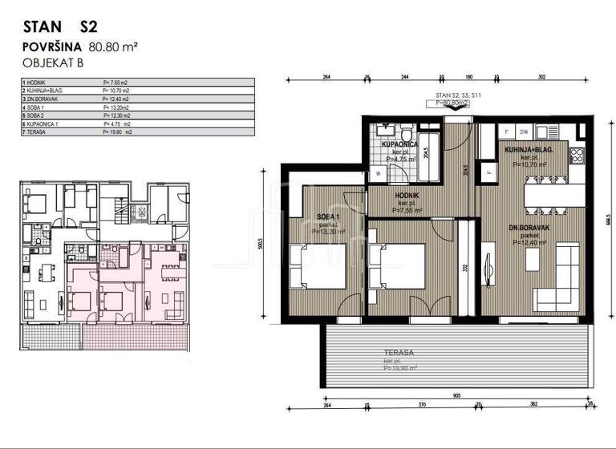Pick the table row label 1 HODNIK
[x=38, y=82]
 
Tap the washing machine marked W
[x=377, y=172]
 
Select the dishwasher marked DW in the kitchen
[x=523, y=131]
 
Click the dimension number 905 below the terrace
[x=455, y=396]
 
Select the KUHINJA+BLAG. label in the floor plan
[x=526, y=151]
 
